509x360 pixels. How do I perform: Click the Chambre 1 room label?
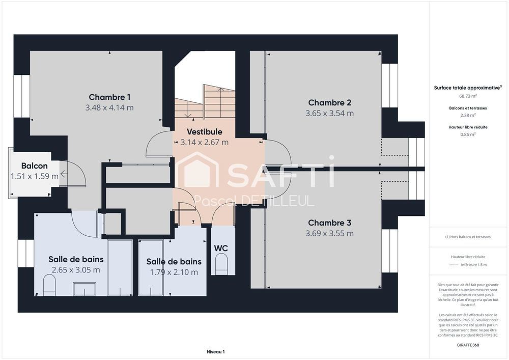tap(109, 97)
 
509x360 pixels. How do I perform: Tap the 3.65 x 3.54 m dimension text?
tap(329, 114)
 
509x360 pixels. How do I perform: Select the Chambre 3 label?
tap(329, 223)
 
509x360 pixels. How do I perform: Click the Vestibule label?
tap(204, 132)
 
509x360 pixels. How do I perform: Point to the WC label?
tap(221, 248)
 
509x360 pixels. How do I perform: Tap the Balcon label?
tap(35, 166)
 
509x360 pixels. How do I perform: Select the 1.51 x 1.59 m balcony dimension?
tap(35, 177)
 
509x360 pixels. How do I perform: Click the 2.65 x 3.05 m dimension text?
tap(76, 270)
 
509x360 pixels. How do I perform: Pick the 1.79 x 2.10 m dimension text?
tap(174, 272)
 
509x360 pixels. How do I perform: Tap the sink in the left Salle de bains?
tap(84, 289)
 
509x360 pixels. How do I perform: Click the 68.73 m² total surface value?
tap(468, 96)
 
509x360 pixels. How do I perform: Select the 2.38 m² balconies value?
tap(468, 115)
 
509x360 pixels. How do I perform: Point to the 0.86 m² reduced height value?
tap(468, 134)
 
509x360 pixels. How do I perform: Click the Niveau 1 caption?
tap(215, 351)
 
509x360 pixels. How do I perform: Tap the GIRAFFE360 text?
tap(468, 345)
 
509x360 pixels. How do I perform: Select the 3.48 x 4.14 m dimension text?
tap(109, 108)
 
